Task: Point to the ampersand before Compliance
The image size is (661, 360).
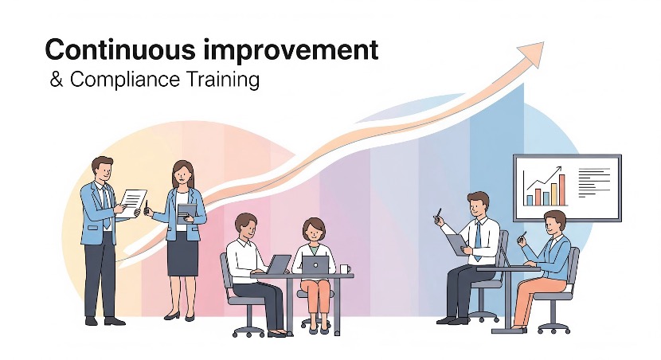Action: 55,80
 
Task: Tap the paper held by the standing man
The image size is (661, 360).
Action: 132,201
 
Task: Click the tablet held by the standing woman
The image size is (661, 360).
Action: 187,211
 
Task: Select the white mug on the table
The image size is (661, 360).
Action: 345,268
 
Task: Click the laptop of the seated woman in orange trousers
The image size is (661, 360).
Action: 315,264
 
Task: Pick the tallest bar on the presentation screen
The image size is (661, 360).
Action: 562,190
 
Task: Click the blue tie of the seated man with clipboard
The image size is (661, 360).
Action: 477,237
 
